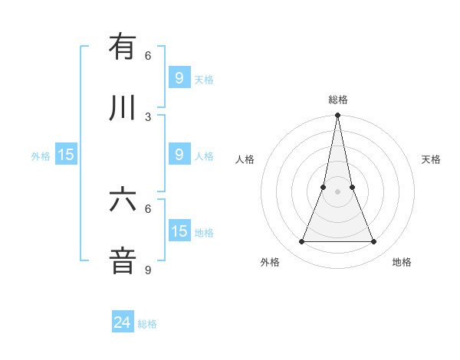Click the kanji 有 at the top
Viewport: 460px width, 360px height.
(x=123, y=47)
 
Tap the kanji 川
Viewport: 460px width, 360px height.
(x=123, y=109)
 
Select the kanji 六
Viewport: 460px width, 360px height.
(x=123, y=200)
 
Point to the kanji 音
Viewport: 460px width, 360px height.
(x=123, y=260)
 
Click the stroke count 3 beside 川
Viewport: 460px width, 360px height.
(x=148, y=116)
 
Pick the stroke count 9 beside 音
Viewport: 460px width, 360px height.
(x=148, y=270)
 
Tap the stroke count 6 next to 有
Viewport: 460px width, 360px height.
(x=148, y=56)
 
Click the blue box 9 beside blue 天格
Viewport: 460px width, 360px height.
(x=179, y=77)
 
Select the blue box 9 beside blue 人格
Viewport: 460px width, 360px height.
(x=179, y=155)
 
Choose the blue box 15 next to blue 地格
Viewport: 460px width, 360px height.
(x=179, y=231)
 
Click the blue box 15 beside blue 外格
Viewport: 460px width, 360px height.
(x=66, y=155)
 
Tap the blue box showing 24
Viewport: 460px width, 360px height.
(x=123, y=322)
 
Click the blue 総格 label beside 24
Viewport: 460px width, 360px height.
(x=148, y=324)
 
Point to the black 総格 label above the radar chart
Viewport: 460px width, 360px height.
(x=338, y=100)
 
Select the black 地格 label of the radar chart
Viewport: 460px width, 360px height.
(x=402, y=262)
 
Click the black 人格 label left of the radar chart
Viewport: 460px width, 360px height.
(x=245, y=159)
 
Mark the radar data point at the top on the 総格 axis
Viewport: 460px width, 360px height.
(x=338, y=116)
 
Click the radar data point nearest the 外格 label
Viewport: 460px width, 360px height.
(x=302, y=242)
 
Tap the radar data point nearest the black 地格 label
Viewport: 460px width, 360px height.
(x=374, y=242)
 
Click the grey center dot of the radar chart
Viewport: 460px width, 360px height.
(x=338, y=191)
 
